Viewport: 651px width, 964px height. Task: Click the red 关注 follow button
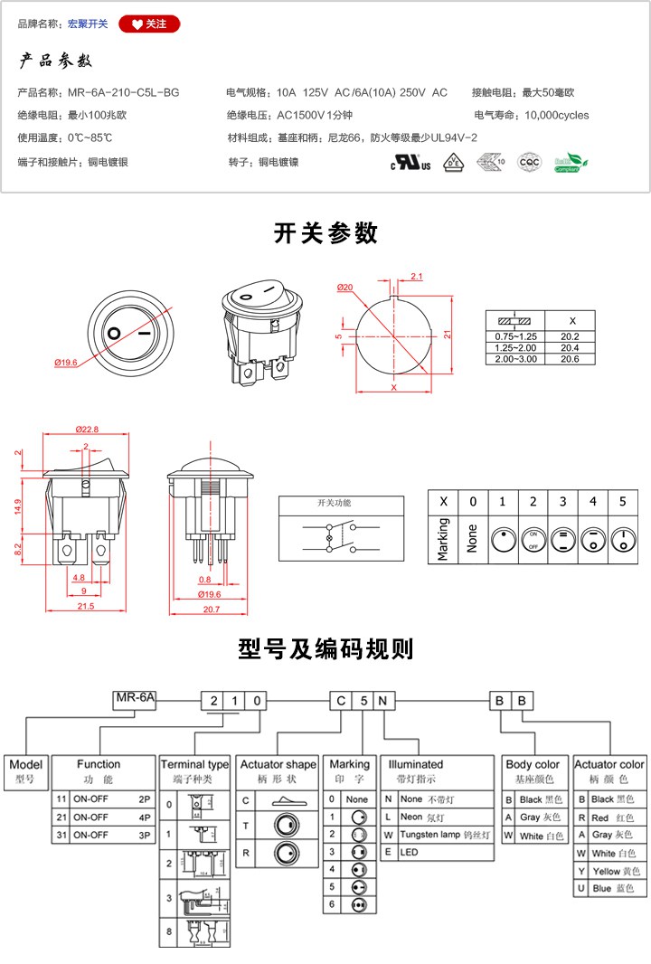tap(149, 24)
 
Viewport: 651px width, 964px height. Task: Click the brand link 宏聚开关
tap(88, 24)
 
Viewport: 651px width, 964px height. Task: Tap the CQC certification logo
tap(528, 163)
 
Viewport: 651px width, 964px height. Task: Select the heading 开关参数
tap(325, 233)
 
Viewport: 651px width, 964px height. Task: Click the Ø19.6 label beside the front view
tap(67, 362)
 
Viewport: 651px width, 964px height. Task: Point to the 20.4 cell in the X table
tap(571, 347)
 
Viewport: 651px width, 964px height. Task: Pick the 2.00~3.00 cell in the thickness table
tap(515, 359)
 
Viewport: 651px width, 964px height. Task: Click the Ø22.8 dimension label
tap(87, 429)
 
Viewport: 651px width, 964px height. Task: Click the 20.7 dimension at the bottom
tap(210, 610)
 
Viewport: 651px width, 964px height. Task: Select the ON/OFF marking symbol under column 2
tap(533, 540)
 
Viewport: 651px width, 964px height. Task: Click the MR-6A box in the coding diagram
tap(135, 698)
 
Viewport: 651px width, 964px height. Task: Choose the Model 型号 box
tap(25, 770)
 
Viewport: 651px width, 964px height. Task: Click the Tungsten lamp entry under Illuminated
tap(438, 834)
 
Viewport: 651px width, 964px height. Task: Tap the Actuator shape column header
tap(278, 764)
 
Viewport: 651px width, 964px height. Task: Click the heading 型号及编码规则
tap(325, 649)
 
